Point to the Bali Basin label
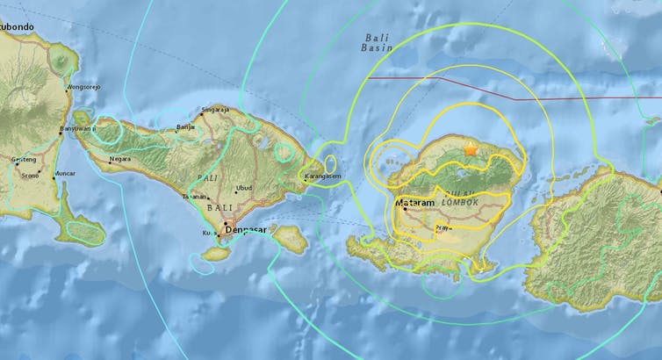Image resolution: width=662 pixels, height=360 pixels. (378, 43)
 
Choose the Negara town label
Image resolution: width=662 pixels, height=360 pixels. (120, 160)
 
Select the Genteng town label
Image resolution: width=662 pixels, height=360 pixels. (25, 159)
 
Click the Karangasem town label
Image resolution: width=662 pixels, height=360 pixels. (321, 176)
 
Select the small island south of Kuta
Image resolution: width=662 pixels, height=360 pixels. (216, 252)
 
